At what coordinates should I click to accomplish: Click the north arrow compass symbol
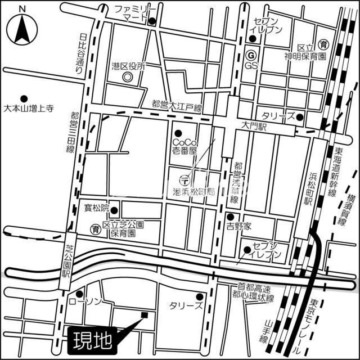(22, 28)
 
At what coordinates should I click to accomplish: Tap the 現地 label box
(92, 339)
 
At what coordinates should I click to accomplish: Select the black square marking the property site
(145, 315)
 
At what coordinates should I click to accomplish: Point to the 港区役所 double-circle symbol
(128, 76)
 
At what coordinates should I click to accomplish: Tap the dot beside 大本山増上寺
(24, 97)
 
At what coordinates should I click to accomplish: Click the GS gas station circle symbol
(251, 55)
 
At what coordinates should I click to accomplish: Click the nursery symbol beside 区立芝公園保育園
(96, 228)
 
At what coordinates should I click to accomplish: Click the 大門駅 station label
(254, 128)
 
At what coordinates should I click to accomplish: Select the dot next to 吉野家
(230, 217)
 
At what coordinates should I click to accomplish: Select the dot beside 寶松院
(114, 211)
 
